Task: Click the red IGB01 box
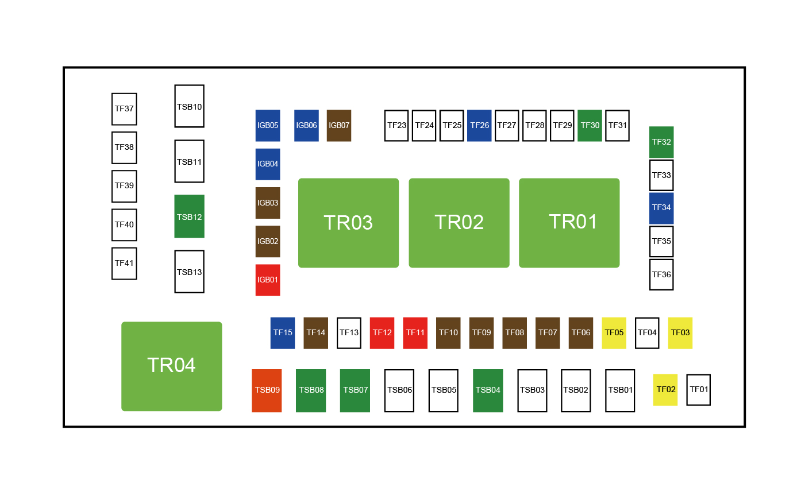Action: [268, 280]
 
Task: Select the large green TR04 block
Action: [172, 366]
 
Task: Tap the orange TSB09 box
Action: [267, 390]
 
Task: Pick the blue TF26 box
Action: [480, 125]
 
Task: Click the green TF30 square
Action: [590, 125]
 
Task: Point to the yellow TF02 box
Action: [665, 390]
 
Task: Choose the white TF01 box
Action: [699, 390]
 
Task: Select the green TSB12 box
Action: [190, 216]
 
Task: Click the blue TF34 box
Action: [661, 208]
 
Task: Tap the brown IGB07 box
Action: [339, 125]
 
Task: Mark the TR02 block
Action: [459, 223]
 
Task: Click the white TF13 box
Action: [349, 333]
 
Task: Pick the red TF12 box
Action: [382, 333]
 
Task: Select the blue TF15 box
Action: [283, 333]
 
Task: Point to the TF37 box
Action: [124, 109]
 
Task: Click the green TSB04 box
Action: [488, 390]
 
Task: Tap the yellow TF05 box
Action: [614, 333]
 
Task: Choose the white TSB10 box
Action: [190, 106]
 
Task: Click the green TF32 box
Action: [661, 142]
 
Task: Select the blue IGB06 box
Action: [306, 125]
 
